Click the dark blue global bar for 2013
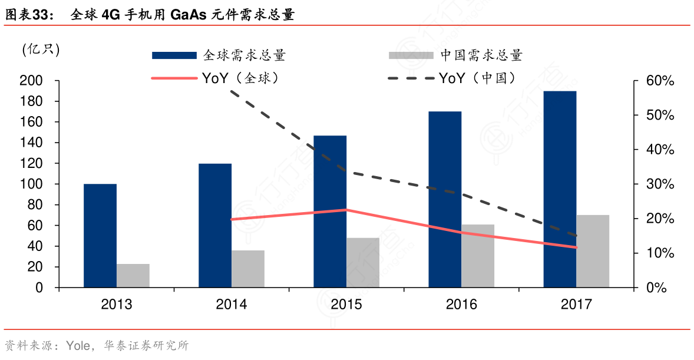click(100, 236)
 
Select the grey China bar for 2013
click(133, 276)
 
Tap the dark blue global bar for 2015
click(330, 212)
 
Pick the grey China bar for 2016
click(478, 256)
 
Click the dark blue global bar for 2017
click(560, 189)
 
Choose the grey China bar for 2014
click(248, 269)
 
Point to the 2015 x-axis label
click(346, 305)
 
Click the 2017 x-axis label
click(576, 305)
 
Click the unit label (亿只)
click(41, 49)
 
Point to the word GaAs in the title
click(189, 15)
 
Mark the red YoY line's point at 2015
click(346, 210)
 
